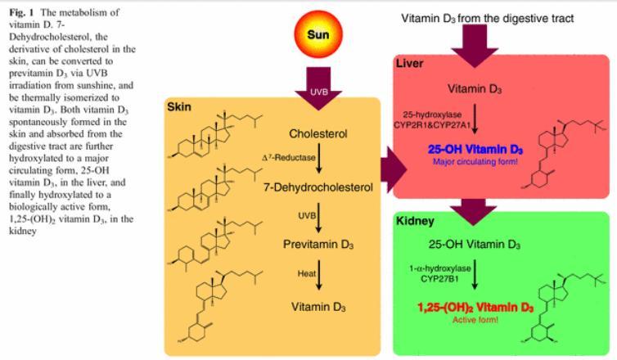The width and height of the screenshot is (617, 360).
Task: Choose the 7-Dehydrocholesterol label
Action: [318, 187]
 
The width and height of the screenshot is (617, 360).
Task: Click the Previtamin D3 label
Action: [319, 244]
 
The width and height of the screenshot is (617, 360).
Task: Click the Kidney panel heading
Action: [417, 222]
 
